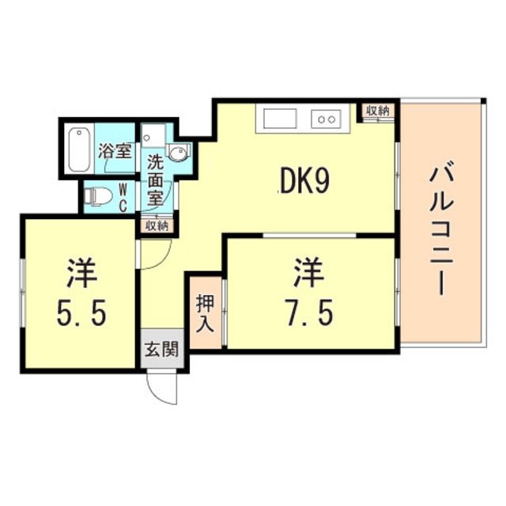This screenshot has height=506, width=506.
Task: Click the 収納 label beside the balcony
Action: [378, 111]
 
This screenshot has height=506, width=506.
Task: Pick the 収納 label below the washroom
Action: [157, 225]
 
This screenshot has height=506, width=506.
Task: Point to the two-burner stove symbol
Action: [326, 119]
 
